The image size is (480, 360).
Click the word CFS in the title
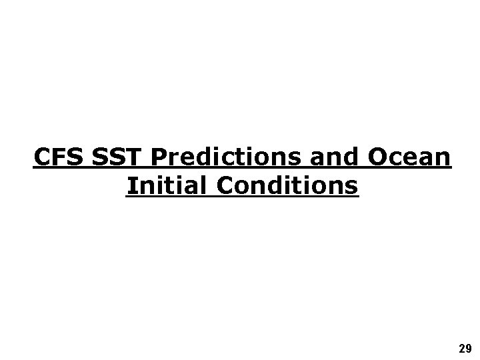pos(57,158)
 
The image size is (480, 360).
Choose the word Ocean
pos(408,158)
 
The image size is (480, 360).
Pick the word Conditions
pos(286,185)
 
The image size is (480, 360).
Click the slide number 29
pos(465,348)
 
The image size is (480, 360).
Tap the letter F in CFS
pos(58,158)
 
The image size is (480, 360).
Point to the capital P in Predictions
pos(159,158)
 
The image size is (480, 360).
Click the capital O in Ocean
pos(376,158)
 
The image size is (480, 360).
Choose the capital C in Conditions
pos(224,185)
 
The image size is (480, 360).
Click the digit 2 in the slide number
pos(462,348)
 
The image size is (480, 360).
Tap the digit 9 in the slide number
pos(469,348)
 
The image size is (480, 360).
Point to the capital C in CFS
pos(42,158)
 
